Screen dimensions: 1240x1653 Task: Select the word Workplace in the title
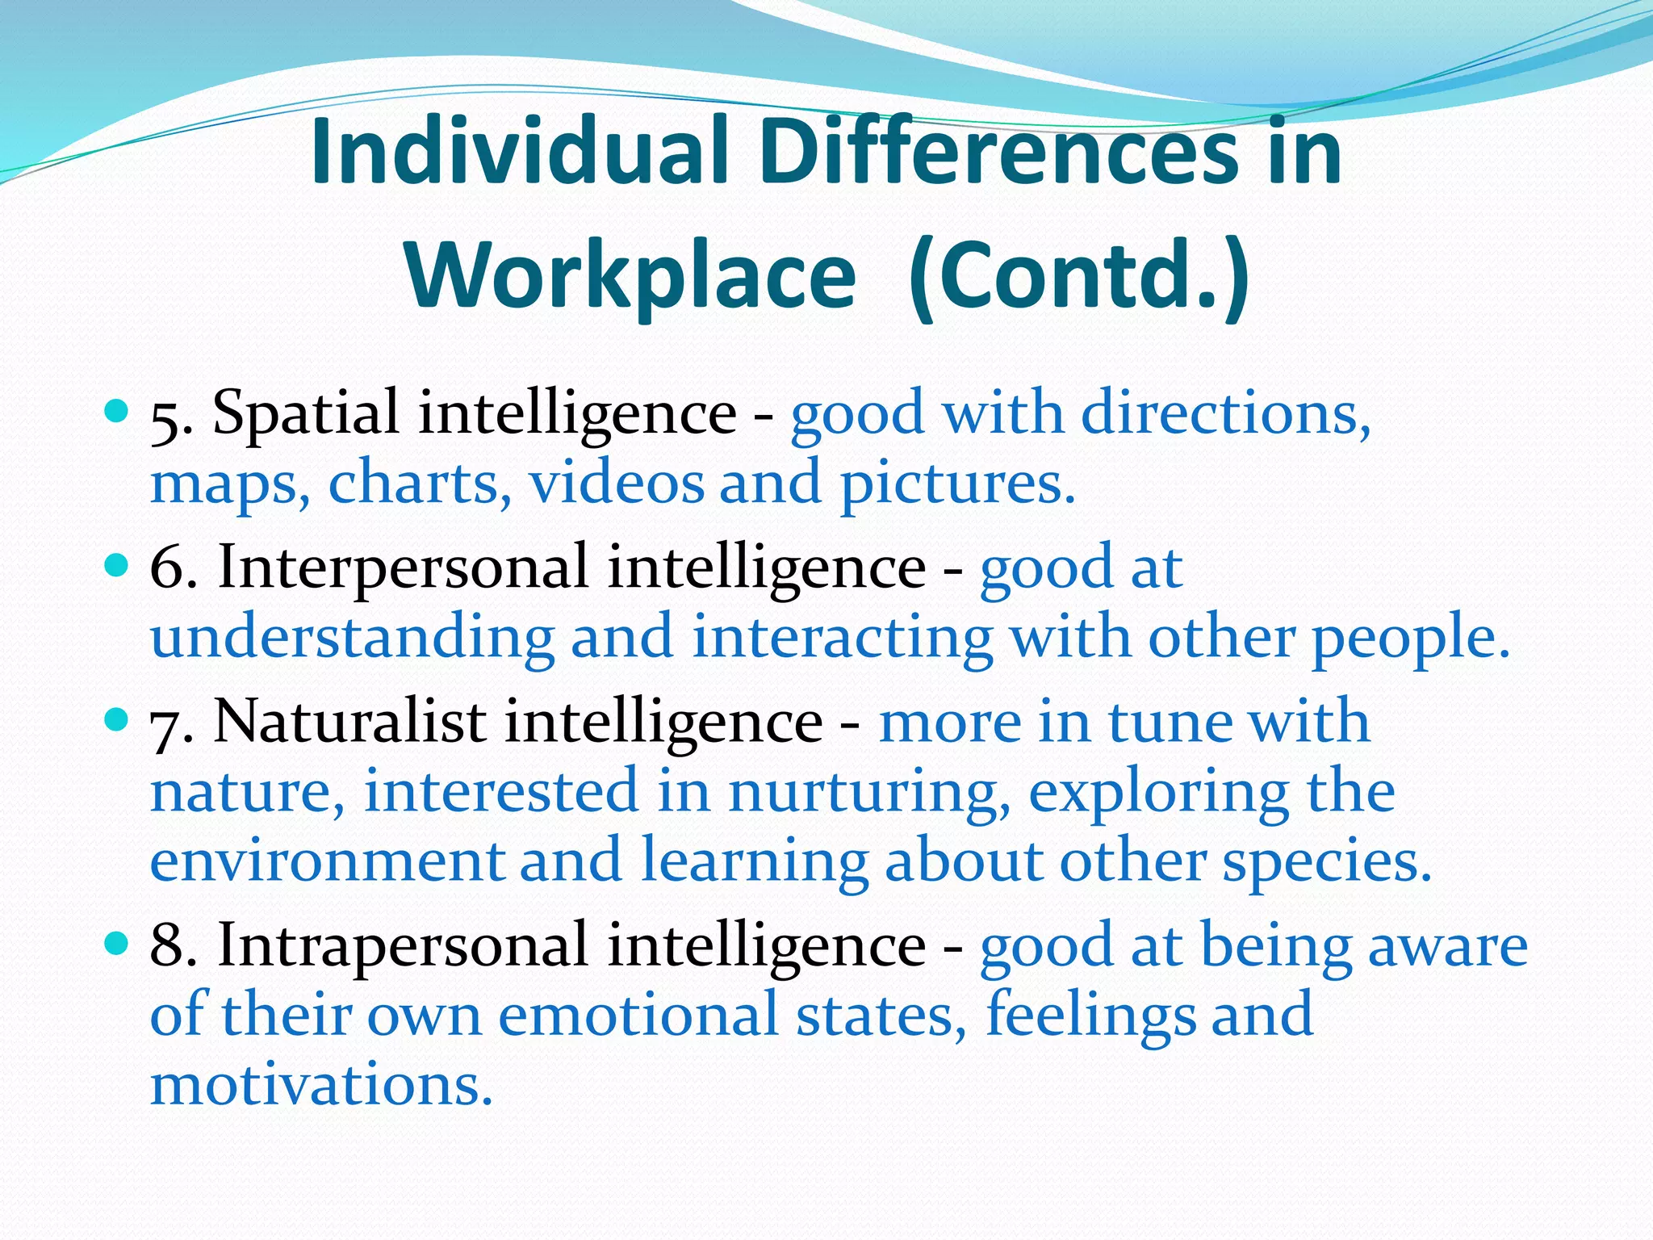(631, 276)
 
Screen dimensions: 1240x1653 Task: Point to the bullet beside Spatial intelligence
(117, 412)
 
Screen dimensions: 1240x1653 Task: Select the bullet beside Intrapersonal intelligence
(117, 942)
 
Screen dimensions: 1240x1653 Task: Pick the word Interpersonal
(403, 567)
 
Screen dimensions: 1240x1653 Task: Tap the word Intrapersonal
(403, 944)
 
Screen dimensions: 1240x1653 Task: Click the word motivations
(321, 1084)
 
